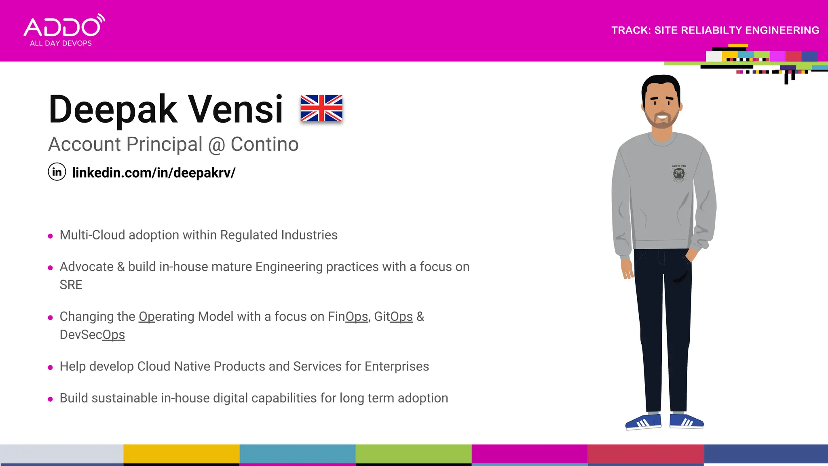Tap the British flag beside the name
(321, 108)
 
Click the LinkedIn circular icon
(57, 172)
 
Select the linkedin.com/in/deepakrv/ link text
(154, 173)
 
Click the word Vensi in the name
(235, 109)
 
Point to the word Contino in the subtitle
(264, 144)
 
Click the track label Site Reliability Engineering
(715, 30)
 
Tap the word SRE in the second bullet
(71, 285)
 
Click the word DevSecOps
(92, 335)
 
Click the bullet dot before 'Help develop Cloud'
(50, 367)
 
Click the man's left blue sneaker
(643, 422)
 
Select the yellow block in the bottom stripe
(181, 454)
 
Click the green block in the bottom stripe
(413, 454)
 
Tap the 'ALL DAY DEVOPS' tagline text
(61, 43)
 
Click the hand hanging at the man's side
(627, 269)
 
